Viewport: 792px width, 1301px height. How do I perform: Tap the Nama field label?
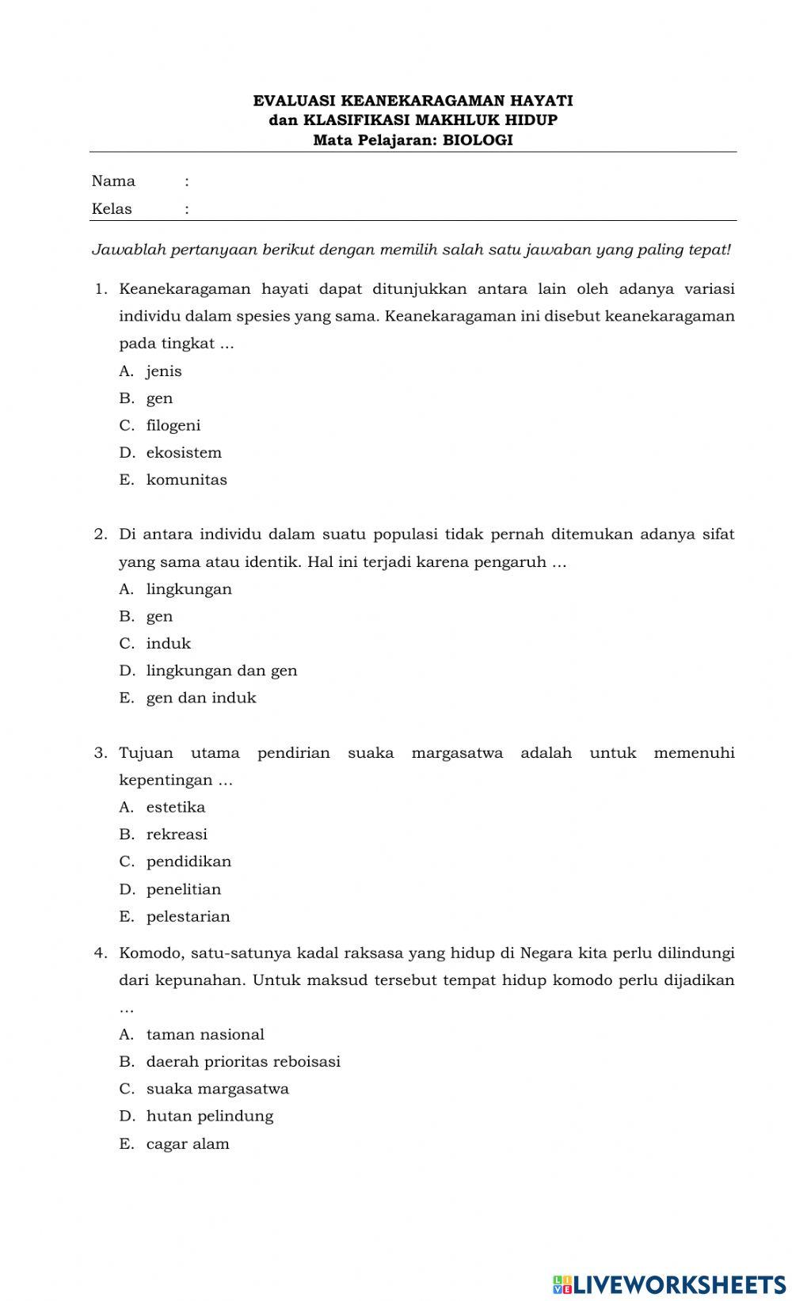pyautogui.click(x=113, y=181)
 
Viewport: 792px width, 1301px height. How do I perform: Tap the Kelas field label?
pyautogui.click(x=112, y=209)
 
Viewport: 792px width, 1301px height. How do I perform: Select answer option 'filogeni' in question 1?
pyautogui.click(x=173, y=426)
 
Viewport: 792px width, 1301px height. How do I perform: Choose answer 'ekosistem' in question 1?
pyautogui.click(x=184, y=453)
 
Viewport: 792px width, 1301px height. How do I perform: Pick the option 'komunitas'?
pyautogui.click(x=186, y=480)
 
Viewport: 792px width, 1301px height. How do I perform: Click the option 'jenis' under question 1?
pyautogui.click(x=164, y=371)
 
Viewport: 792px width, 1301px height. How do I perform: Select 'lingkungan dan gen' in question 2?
pyautogui.click(x=221, y=671)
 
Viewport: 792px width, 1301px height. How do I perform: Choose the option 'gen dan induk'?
pyautogui.click(x=201, y=698)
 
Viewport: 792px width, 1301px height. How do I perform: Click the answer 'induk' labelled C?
pyautogui.click(x=168, y=644)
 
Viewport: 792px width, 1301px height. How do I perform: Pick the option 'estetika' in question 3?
pyautogui.click(x=175, y=808)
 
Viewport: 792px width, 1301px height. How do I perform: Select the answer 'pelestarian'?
pyautogui.click(x=188, y=917)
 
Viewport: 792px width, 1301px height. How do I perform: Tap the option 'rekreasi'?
pyautogui.click(x=177, y=835)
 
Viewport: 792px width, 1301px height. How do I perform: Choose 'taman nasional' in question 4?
pyautogui.click(x=205, y=1035)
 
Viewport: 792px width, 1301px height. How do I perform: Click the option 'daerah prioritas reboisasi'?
pyautogui.click(x=243, y=1062)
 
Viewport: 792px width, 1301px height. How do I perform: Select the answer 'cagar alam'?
pyautogui.click(x=188, y=1144)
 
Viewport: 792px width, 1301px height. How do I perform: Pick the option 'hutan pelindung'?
pyautogui.click(x=209, y=1117)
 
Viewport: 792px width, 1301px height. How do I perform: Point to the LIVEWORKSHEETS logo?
pyautogui.click(x=669, y=1284)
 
